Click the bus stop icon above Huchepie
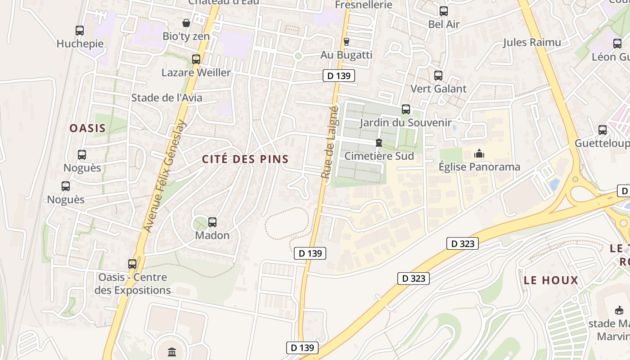80,31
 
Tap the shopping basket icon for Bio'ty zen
186,23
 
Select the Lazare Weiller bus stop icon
196,59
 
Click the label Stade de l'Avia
166,98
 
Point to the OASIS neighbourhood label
88,128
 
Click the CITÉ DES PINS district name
245,159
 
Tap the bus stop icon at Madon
212,222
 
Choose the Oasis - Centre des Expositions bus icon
132,264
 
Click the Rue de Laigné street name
329,142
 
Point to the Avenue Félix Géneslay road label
164,176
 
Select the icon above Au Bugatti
346,42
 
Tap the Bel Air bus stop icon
444,11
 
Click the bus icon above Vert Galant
438,76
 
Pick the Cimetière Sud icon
379,143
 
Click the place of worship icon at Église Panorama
479,154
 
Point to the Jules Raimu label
532,43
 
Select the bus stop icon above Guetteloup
603,130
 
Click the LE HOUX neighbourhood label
551,280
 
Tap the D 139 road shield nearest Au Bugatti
339,76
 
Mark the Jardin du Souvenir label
405,122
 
